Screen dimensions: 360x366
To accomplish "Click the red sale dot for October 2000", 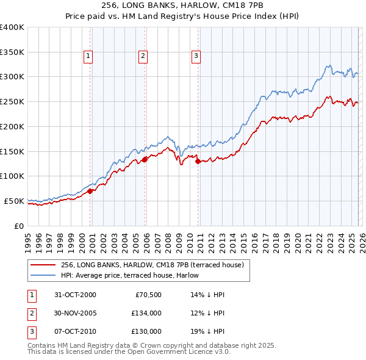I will click(x=90, y=191).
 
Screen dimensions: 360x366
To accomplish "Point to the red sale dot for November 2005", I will click(x=145, y=159).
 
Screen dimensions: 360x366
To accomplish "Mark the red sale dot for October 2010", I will click(x=198, y=161).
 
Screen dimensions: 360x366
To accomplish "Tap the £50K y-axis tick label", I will click(x=14, y=201).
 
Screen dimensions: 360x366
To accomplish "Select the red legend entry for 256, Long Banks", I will click(x=152, y=265).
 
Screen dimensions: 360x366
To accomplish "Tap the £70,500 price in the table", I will click(x=146, y=295).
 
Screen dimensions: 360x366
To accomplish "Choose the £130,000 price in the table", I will click(x=146, y=331).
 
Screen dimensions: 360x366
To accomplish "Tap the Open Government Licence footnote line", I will click(x=129, y=352).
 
